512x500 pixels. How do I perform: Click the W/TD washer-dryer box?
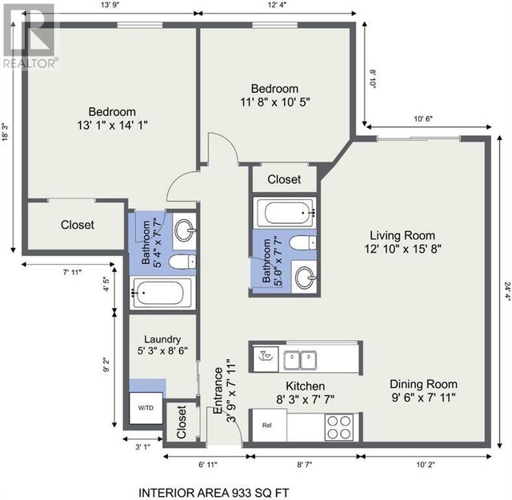coord(146,408)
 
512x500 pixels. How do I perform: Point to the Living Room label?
coord(402,235)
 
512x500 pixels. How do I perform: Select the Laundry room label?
coord(158,339)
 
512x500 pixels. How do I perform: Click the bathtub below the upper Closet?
coord(283,214)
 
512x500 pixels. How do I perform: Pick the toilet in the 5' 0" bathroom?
coord(301,243)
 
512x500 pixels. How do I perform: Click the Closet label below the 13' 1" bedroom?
coord(78,225)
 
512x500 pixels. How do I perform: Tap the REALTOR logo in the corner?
coord(29,36)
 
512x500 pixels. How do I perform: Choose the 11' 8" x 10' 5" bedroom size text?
coord(274,102)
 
